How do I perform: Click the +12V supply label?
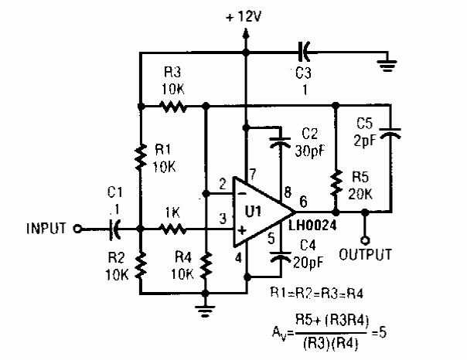[246, 15]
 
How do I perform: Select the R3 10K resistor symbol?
[173, 106]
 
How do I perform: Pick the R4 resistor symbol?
[206, 267]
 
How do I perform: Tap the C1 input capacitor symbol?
[115, 228]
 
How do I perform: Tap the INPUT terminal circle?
[77, 228]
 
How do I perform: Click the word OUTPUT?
[366, 254]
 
